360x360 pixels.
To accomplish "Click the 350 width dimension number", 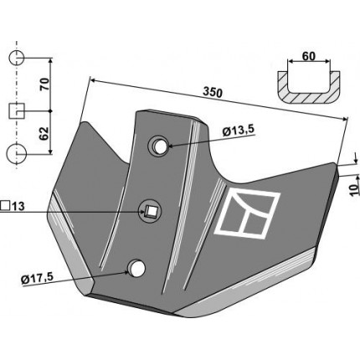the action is (213, 93).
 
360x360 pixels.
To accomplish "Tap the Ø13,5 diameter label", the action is (239, 131).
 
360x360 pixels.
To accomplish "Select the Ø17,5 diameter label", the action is (37, 278).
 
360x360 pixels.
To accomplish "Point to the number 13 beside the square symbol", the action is (18, 207).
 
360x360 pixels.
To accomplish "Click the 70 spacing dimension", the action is (45, 85).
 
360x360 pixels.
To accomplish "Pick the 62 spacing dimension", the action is (44, 133).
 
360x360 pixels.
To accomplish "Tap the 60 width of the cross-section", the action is (309, 56).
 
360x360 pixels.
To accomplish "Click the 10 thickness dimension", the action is (355, 190).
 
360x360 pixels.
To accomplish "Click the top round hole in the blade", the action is (159, 147).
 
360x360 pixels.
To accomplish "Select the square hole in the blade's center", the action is (151, 212).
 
